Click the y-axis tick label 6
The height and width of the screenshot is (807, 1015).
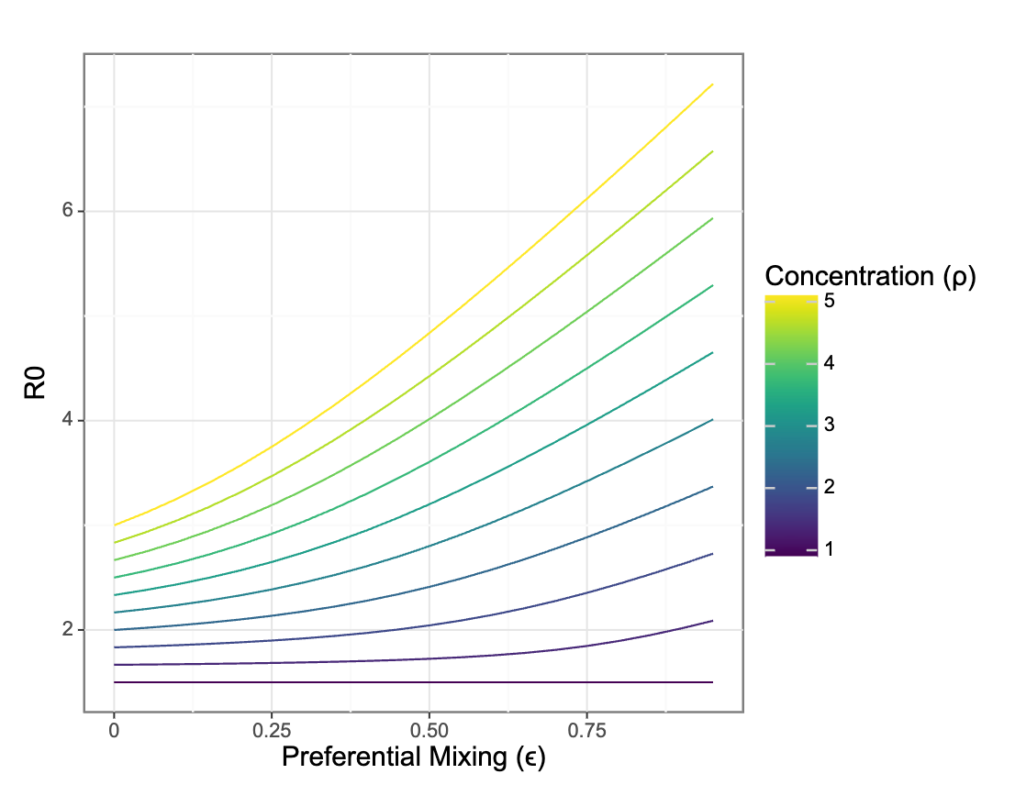pos(66,211)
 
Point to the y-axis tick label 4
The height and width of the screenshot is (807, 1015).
pos(66,421)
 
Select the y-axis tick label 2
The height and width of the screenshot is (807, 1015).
pos(66,630)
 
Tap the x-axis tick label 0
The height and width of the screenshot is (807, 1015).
pos(114,731)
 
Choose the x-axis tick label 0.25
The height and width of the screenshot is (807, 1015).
pos(271,731)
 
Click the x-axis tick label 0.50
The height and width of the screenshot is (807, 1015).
pos(429,731)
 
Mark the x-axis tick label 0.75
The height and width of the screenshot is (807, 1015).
pos(586,731)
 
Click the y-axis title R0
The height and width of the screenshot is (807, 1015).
pos(36,382)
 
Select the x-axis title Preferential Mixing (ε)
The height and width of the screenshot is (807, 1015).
pos(413,758)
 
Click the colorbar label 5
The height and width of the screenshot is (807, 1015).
pos(830,300)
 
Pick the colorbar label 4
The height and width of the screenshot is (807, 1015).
pos(830,362)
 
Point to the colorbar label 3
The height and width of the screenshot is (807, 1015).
pos(830,425)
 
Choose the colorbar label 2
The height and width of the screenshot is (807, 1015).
pos(830,487)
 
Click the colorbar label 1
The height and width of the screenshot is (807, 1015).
pos(830,549)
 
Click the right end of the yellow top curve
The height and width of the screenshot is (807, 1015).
pos(712,84)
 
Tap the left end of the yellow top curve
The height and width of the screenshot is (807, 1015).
pos(114,525)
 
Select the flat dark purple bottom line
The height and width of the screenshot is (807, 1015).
pos(413,682)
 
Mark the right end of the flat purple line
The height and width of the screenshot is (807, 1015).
pos(712,682)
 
